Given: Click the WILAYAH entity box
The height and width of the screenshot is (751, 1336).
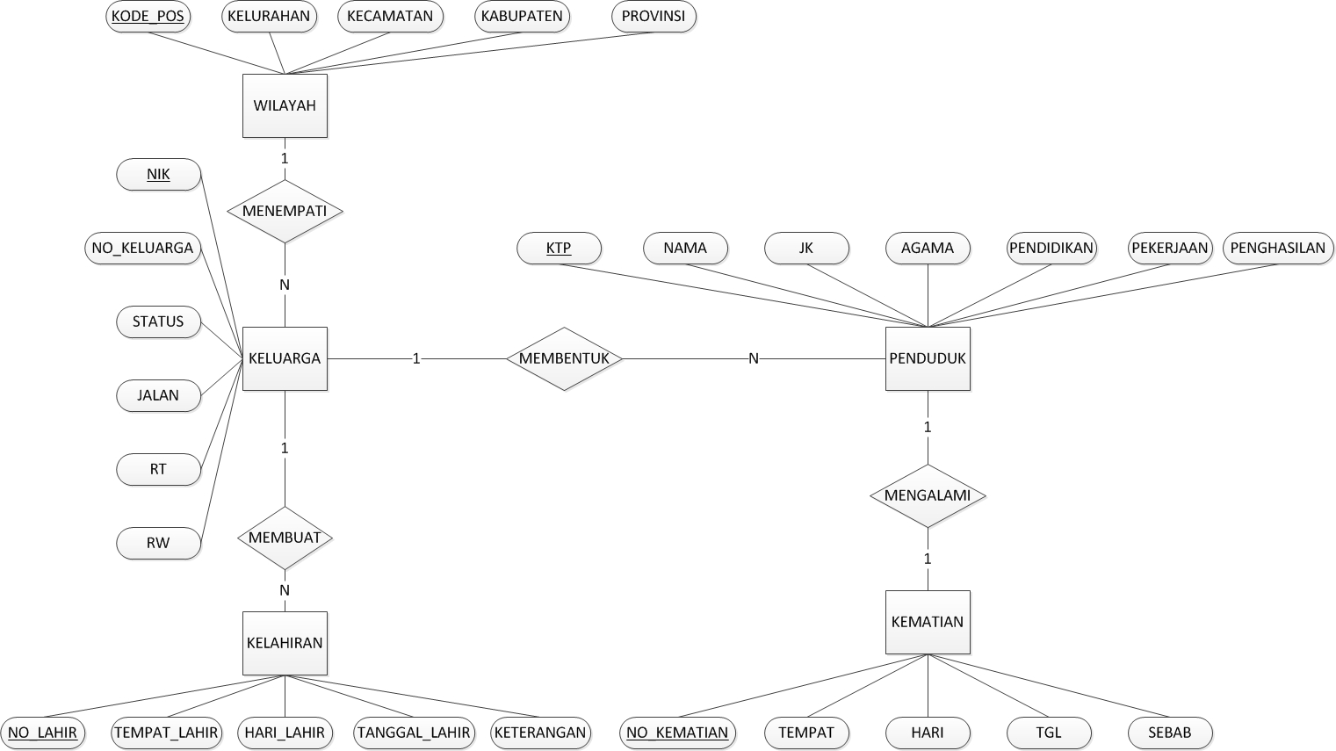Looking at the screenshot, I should (x=285, y=105).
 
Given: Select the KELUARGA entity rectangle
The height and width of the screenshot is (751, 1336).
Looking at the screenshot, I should (x=285, y=358).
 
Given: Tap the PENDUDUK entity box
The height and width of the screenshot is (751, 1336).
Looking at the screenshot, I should (x=928, y=358).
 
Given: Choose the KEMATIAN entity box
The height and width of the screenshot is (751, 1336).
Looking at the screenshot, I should (x=928, y=622).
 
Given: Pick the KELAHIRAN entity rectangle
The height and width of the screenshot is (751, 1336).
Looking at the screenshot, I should (x=285, y=643).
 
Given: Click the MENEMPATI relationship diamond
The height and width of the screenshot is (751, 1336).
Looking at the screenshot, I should (x=285, y=211).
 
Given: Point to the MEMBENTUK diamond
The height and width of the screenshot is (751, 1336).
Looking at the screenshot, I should (x=564, y=358).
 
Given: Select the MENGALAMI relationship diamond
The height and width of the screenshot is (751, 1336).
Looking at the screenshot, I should (x=928, y=495).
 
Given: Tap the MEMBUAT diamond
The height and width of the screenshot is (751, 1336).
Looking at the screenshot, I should (x=285, y=538).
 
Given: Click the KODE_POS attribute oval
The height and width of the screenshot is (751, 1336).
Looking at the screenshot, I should (x=148, y=16).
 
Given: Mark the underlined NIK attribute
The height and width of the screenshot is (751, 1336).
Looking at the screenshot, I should (x=158, y=174).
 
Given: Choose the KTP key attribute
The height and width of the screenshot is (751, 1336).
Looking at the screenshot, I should (x=559, y=248).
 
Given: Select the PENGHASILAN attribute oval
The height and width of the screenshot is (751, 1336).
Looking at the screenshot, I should (x=1277, y=248).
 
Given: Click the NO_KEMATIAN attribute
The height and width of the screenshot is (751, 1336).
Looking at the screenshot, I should (x=677, y=732).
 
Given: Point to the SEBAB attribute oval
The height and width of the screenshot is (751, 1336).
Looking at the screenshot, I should (x=1170, y=732).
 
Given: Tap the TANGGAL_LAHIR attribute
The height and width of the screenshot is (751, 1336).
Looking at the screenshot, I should (x=414, y=732).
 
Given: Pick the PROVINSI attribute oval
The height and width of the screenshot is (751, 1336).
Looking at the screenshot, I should (x=654, y=16).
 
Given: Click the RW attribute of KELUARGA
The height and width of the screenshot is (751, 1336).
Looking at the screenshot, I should (x=158, y=543).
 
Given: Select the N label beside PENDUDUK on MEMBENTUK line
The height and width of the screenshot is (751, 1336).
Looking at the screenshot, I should (x=754, y=358).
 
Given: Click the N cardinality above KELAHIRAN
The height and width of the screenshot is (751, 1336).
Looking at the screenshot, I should (x=285, y=590).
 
